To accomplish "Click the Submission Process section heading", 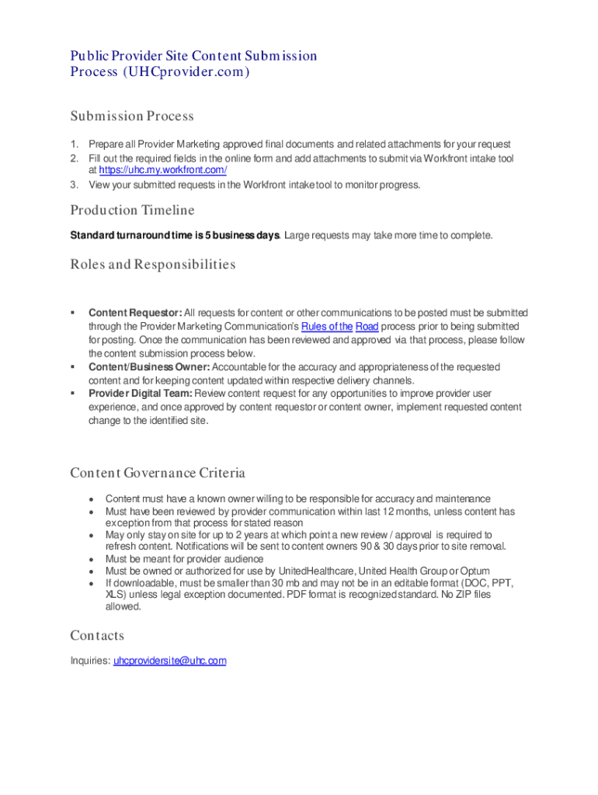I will pyautogui.click(x=131, y=116).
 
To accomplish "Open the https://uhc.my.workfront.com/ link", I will pyautogui.click(x=158, y=170).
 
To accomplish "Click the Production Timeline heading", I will pyautogui.click(x=132, y=210).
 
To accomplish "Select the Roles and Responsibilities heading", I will pyautogui.click(x=152, y=265).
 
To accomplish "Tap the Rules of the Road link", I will pyautogui.click(x=339, y=327).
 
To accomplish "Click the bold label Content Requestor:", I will pyautogui.click(x=135, y=313).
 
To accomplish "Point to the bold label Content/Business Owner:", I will pyautogui.click(x=149, y=366).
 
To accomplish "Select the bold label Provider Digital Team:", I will pyautogui.click(x=141, y=394).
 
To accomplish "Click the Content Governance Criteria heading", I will pyautogui.click(x=158, y=473).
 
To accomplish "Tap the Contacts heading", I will pyautogui.click(x=97, y=636).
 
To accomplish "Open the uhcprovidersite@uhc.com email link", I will pyautogui.click(x=170, y=661).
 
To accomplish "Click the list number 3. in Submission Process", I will pyautogui.click(x=75, y=185).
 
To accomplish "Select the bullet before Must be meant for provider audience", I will pyautogui.click(x=92, y=560).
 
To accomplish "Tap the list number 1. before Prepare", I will pyautogui.click(x=75, y=144).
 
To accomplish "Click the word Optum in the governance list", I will pyautogui.click(x=475, y=571).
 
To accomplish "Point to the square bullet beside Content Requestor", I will pyautogui.click(x=73, y=313).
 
